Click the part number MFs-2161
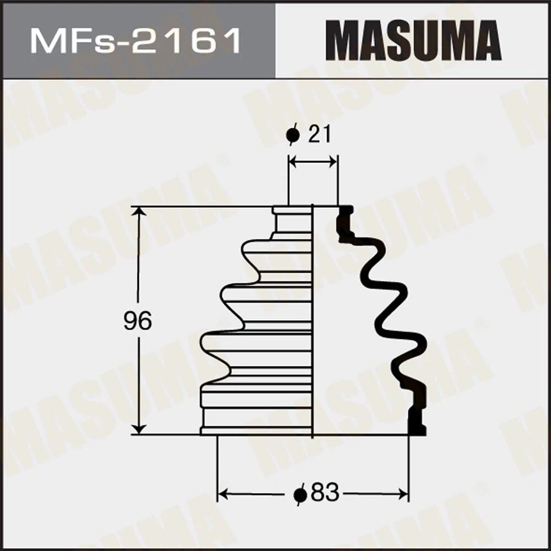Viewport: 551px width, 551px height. (135, 40)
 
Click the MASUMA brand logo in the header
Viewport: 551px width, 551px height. (413, 40)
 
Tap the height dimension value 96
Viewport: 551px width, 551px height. (137, 321)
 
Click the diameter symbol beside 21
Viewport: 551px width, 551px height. (293, 135)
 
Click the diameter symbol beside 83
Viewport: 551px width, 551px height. (300, 494)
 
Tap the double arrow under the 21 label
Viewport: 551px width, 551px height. (313, 161)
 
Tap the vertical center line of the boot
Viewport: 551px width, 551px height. (313, 331)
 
